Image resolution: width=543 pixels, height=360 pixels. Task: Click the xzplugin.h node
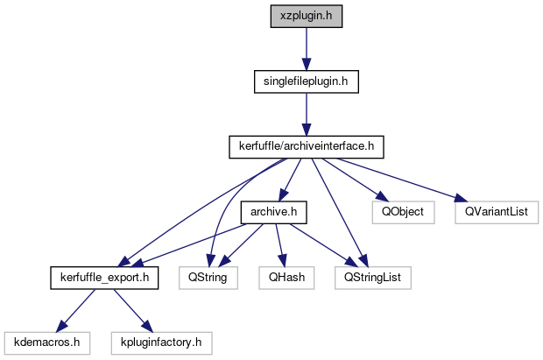[306, 17]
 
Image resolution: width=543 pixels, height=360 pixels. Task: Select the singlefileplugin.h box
[306, 81]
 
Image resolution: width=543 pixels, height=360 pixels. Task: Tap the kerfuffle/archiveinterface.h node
[306, 146]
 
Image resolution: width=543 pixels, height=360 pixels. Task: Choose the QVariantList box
[496, 212]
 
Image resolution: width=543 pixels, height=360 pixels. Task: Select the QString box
[203, 278]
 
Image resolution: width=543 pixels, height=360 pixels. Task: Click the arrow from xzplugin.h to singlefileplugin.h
[306, 49]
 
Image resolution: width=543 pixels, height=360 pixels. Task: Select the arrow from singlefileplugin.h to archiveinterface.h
[306, 114]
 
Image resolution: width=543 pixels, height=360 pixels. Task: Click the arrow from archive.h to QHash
[279, 244]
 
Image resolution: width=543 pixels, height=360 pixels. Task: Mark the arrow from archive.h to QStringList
[325, 245]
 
